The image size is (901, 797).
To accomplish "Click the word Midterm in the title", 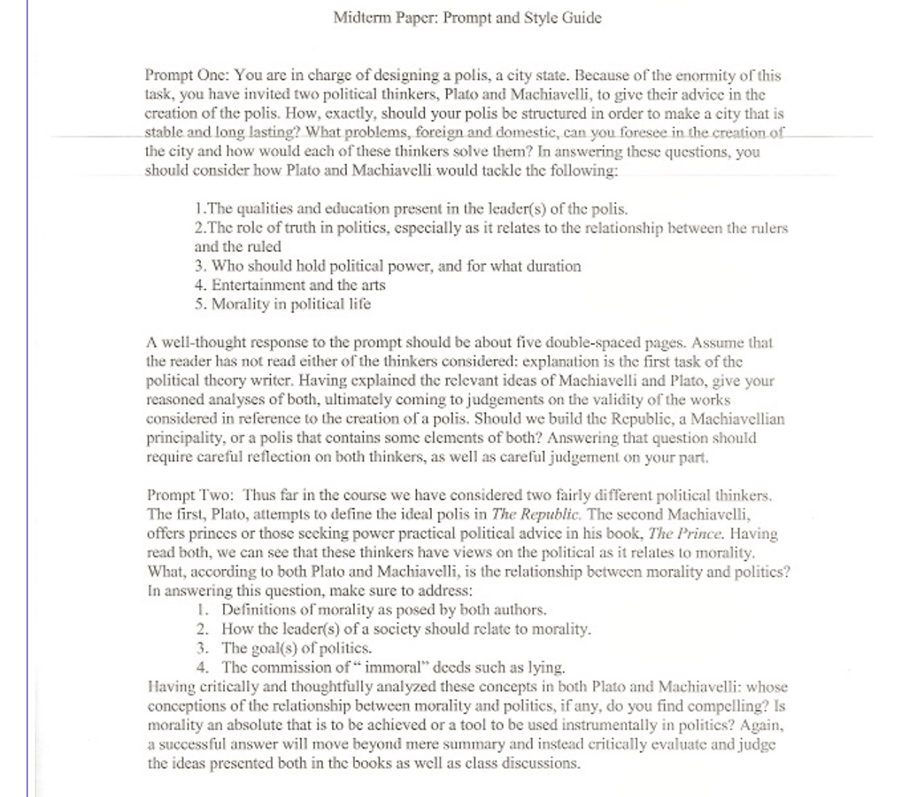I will [x=362, y=17].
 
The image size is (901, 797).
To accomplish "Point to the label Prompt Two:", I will [x=190, y=495].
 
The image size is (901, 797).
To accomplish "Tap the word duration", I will [x=550, y=266].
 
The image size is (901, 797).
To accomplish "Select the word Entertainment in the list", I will [x=256, y=285].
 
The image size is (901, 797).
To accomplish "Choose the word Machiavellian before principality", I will [x=737, y=419].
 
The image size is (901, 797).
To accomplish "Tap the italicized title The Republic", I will [x=536, y=514].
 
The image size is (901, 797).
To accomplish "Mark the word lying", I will [x=547, y=667].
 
